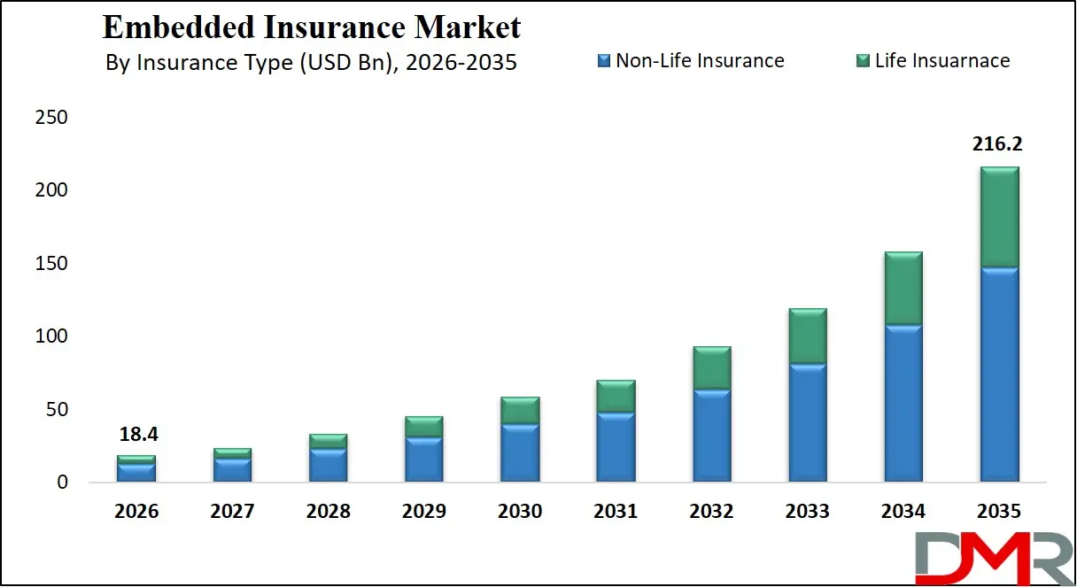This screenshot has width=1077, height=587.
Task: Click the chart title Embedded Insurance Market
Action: (x=312, y=27)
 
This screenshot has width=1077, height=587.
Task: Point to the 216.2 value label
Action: (x=998, y=144)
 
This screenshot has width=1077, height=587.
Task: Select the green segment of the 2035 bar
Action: (x=999, y=217)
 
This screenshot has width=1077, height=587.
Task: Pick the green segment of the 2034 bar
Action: (x=903, y=289)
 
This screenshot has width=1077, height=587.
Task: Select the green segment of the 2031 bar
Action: (x=616, y=397)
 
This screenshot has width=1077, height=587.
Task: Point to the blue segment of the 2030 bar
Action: (x=520, y=452)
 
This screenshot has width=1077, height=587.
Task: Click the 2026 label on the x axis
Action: (x=136, y=512)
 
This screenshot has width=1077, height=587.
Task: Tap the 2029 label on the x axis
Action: (x=424, y=512)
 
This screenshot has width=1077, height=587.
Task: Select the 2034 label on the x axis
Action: (x=903, y=512)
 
